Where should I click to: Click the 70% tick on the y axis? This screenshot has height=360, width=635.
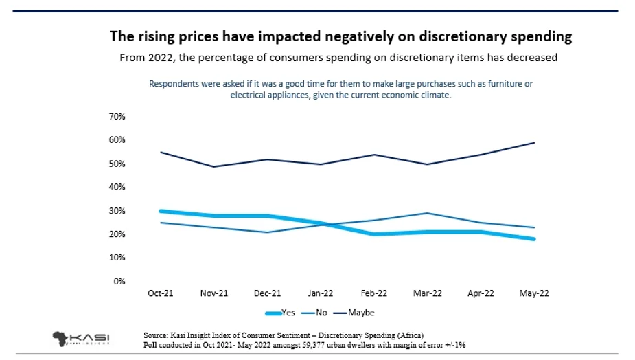[x=117, y=117]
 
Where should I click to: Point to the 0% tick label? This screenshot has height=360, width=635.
[x=119, y=281]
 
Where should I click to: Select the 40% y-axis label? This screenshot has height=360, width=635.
[x=117, y=187]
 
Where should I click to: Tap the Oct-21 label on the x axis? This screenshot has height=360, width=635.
[x=160, y=293]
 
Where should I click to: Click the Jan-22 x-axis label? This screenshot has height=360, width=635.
[x=320, y=293]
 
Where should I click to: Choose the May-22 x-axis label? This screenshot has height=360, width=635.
[x=533, y=293]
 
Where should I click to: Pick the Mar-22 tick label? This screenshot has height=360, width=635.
[x=427, y=293]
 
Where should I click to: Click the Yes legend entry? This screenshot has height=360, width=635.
[x=281, y=313]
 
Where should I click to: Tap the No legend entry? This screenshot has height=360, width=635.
[x=319, y=313]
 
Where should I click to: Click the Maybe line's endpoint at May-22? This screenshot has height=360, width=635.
[x=533, y=143]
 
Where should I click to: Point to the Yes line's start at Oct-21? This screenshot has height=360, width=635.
[x=160, y=211]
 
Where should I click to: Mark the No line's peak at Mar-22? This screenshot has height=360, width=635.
[x=427, y=213]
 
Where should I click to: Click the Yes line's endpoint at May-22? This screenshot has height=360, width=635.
[x=533, y=239]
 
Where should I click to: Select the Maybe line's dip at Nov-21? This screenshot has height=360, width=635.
[x=213, y=166]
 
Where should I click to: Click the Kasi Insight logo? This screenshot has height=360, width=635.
[x=81, y=338]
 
